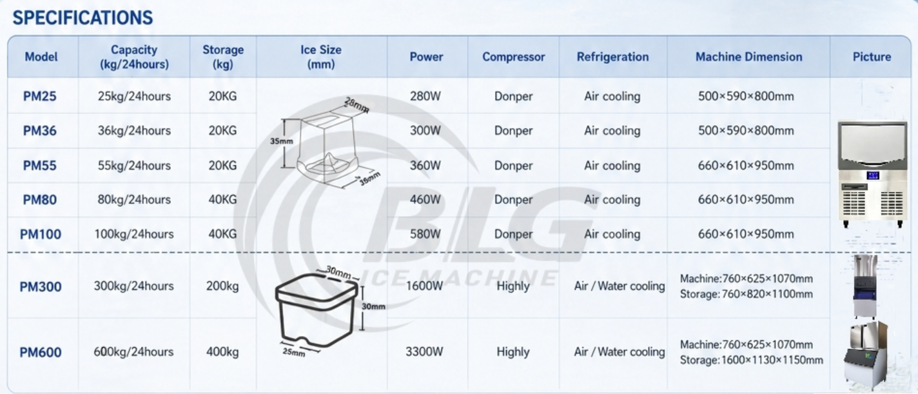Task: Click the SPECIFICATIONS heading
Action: pyautogui.click(x=83, y=17)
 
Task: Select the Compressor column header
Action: pyautogui.click(x=514, y=57)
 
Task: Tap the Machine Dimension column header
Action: pyautogui.click(x=748, y=57)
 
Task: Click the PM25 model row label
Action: pyautogui.click(x=40, y=96)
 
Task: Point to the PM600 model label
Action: pyautogui.click(x=41, y=352)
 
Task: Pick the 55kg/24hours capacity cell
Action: pyautogui.click(x=134, y=165)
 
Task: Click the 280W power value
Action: pyautogui.click(x=425, y=96)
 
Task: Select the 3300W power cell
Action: pyautogui.click(x=425, y=351)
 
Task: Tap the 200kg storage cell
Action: pyautogui.click(x=222, y=286)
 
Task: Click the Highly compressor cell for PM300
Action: pyautogui.click(x=513, y=286)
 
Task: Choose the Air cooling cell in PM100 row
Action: pyautogui.click(x=612, y=234)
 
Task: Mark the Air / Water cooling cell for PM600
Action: pyautogui.click(x=620, y=352)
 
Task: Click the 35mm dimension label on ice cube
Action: pyautogui.click(x=282, y=141)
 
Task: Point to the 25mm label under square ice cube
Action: pyautogui.click(x=294, y=352)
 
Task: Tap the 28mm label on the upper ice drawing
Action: pyautogui.click(x=357, y=105)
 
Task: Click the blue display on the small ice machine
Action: pyautogui.click(x=872, y=175)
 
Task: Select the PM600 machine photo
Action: pyautogui.click(x=866, y=355)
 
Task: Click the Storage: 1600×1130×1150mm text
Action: pyautogui.click(x=752, y=360)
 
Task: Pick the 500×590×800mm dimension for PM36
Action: pyautogui.click(x=746, y=130)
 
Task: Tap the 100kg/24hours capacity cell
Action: pyautogui.click(x=134, y=234)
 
